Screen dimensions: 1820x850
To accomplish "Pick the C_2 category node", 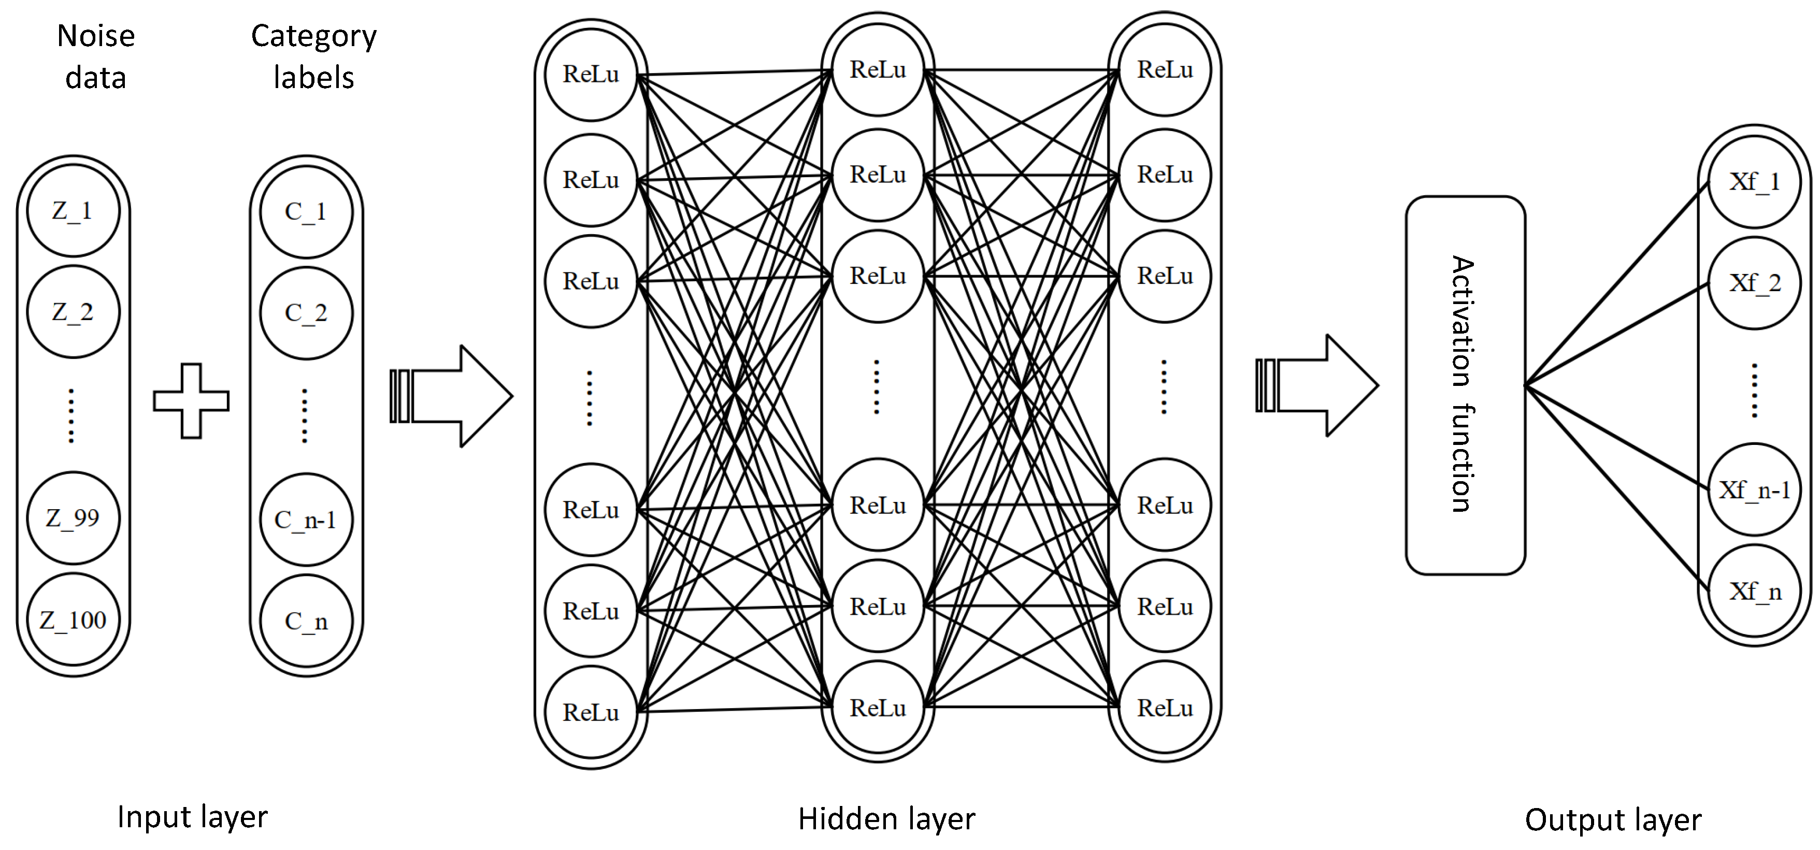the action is coord(306,312).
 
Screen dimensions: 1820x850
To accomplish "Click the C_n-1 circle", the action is coord(306,520).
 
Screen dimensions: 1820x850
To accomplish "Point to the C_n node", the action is coord(306,621).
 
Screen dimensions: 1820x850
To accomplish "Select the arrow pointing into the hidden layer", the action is coord(451,396).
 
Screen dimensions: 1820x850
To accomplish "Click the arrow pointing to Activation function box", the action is coord(1317,386).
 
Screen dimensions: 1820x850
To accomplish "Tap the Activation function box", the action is coord(1465,385).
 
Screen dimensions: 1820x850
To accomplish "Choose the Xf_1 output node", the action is coord(1754,182).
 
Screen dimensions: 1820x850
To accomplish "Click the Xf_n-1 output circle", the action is coord(1754,489).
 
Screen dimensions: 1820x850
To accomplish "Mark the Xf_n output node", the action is coord(1754,592).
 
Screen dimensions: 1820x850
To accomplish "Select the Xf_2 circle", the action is coord(1754,283).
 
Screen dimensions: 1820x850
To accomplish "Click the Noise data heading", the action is coord(96,56).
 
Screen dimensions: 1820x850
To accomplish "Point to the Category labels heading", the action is coord(314,56).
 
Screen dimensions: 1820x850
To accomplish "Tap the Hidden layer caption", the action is coord(886,819).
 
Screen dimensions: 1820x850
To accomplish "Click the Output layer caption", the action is coord(1613,819).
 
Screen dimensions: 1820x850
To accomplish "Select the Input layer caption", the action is coord(192,817).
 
